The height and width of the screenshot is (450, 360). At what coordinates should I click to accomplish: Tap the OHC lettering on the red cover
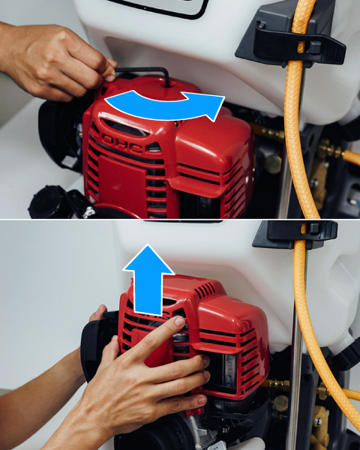pos(122,142)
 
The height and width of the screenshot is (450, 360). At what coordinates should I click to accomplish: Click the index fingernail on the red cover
pos(180,321)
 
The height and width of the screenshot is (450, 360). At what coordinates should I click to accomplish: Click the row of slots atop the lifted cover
pos(205,290)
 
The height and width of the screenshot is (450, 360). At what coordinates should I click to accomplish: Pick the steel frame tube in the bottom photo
pos(295,373)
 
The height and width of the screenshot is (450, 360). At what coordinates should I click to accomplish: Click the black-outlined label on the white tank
pos(158,8)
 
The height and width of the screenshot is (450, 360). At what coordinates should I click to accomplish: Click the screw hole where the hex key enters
pos(167,85)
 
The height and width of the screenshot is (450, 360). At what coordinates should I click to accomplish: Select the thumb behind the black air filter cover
pos(99,312)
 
